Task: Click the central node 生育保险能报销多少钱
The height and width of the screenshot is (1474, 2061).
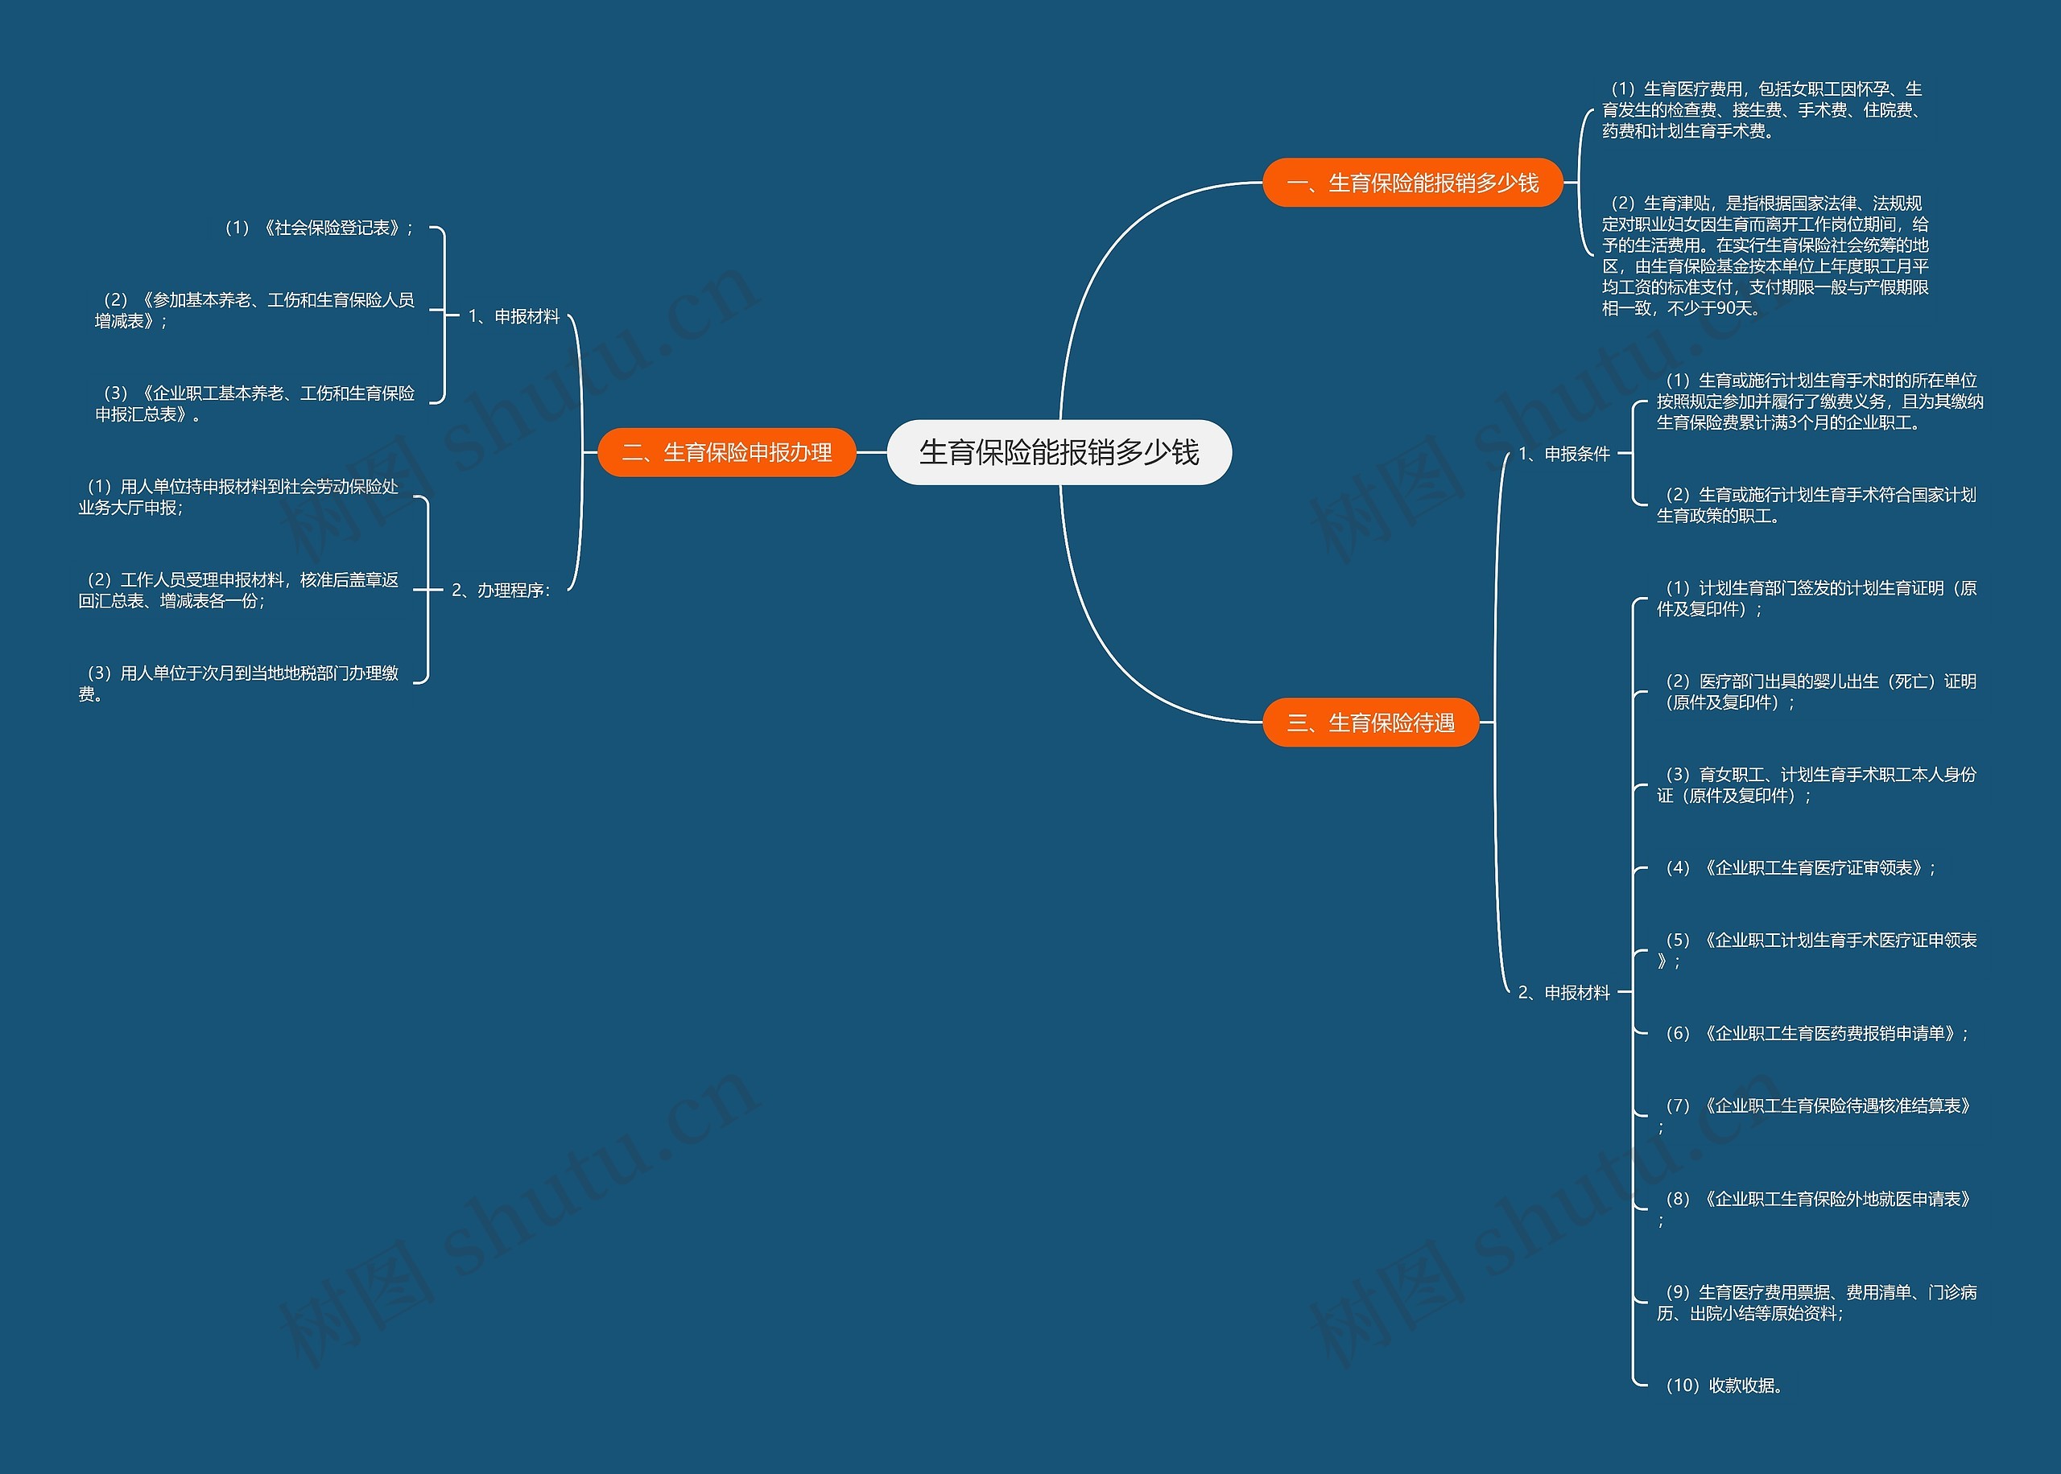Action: (x=1059, y=452)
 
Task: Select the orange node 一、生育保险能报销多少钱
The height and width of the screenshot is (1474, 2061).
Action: (x=1413, y=183)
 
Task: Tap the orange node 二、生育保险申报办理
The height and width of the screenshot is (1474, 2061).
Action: (x=726, y=452)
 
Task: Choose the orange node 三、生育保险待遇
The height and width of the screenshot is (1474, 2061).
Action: (x=1371, y=723)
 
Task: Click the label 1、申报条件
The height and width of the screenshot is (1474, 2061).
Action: (x=1563, y=454)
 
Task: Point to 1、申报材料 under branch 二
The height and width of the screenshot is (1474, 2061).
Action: (x=514, y=316)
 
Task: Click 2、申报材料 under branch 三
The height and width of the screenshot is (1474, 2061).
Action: (x=1563, y=993)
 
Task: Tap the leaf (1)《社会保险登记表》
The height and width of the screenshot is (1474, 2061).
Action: (x=318, y=228)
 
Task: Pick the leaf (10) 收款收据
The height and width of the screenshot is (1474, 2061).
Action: (x=1723, y=1385)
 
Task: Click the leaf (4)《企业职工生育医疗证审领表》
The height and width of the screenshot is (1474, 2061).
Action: (x=1799, y=867)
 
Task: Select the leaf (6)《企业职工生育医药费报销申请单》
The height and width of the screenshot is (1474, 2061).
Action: (x=1816, y=1033)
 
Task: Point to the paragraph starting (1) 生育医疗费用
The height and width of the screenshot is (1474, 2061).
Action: (x=1762, y=109)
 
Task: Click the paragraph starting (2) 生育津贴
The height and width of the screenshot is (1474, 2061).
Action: (x=1765, y=255)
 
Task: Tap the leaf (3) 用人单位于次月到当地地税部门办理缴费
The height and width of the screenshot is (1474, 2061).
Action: (x=237, y=682)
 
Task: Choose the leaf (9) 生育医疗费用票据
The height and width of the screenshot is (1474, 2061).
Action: (x=1816, y=1303)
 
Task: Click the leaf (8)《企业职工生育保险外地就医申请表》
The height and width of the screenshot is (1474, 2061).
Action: (x=1816, y=1200)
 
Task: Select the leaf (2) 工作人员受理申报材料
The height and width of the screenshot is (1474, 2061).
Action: (x=237, y=590)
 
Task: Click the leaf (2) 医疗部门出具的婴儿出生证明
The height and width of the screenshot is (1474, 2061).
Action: (x=1816, y=690)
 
